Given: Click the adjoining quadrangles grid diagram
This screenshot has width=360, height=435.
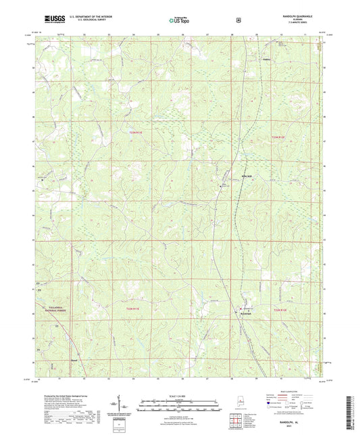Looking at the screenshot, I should point(236,420).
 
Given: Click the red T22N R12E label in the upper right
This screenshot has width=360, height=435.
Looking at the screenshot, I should point(278,137).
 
